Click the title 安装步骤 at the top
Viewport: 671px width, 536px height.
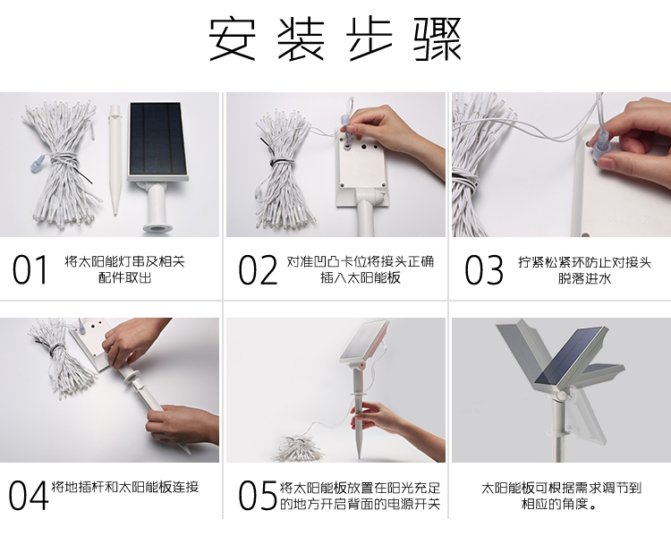335,39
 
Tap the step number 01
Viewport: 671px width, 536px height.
30,269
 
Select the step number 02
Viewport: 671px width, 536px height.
258,269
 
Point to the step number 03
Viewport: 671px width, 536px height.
483,269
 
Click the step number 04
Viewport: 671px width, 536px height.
29,495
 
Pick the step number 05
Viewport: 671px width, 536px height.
258,495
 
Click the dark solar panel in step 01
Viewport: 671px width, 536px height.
158,139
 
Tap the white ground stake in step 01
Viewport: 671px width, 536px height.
115,159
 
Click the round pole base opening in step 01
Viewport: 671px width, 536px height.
155,227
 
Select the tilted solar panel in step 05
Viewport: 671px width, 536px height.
364,341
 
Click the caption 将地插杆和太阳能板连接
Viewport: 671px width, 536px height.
124,487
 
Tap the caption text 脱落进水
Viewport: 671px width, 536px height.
584,278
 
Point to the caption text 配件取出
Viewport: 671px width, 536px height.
124,278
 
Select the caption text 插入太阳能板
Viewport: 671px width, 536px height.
361,278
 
